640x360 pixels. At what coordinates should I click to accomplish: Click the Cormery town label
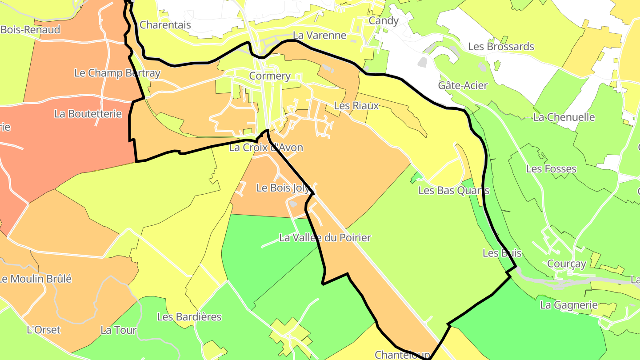pos(270,76)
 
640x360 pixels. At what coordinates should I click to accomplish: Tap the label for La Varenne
pos(320,36)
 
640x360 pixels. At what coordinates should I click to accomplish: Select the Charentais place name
pos(165,25)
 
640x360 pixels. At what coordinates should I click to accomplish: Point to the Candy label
pos(384,21)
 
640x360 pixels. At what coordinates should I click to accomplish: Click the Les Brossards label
pos(501,47)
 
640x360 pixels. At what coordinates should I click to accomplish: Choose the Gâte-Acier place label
pos(463,85)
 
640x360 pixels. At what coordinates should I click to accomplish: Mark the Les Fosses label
pos(551,169)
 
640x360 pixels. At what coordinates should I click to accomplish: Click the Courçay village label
pos(567,264)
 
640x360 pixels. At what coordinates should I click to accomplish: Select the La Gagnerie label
pos(569,305)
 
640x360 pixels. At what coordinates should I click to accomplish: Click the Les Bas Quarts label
pos(454,191)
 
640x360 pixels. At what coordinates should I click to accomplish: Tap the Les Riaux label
pos(356,106)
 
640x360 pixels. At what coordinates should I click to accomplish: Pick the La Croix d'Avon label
pos(266,148)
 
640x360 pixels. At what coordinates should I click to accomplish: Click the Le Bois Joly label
pos(283,188)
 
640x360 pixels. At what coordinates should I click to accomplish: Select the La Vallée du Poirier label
pos(325,238)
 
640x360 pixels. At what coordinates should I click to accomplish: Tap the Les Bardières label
pos(189,317)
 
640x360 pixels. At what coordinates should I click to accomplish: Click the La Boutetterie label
pos(88,114)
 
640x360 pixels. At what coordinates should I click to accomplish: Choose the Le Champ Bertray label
pos(117,73)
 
